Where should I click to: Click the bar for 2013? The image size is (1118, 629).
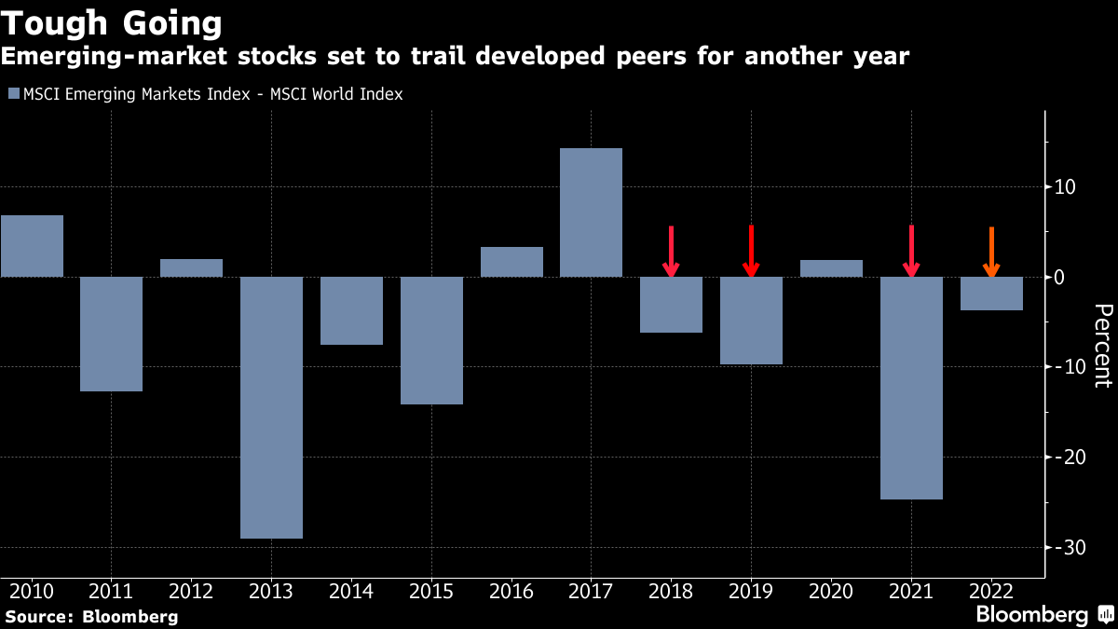[x=271, y=407]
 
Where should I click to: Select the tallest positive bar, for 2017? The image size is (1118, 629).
[x=591, y=212]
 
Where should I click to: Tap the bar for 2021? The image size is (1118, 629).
[x=911, y=388]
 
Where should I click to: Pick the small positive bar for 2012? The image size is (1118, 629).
[x=191, y=267]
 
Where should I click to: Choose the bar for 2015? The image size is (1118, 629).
[x=431, y=340]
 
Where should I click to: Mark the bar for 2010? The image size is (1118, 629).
[x=32, y=246]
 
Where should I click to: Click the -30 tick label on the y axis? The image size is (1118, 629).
[x=1064, y=547]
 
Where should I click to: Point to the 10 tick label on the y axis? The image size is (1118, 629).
[x=1065, y=186]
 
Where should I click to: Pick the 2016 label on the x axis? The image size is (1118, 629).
[x=511, y=591]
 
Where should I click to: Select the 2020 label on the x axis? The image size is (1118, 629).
[x=831, y=591]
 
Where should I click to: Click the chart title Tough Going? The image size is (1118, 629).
[x=112, y=22]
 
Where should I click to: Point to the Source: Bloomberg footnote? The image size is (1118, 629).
[x=91, y=616]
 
